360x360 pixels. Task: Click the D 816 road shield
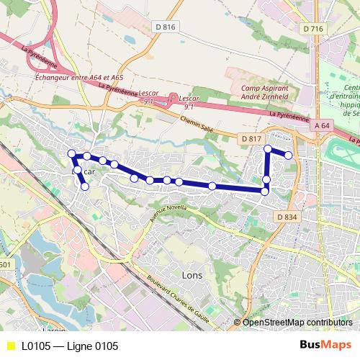(x=165, y=27)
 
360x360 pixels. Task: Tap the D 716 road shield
(x=312, y=28)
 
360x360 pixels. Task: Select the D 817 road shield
(x=250, y=138)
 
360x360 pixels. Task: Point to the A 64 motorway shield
(x=323, y=126)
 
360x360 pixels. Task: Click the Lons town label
(x=173, y=275)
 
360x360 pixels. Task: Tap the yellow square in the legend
(x=9, y=346)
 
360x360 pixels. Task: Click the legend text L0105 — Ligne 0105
(x=70, y=346)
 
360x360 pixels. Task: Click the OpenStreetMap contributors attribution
(x=297, y=323)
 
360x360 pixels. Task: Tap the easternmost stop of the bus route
(x=289, y=155)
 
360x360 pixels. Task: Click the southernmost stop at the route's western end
(x=85, y=186)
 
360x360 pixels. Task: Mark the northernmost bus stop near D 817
(x=268, y=149)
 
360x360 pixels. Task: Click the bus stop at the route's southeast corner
(x=264, y=191)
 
